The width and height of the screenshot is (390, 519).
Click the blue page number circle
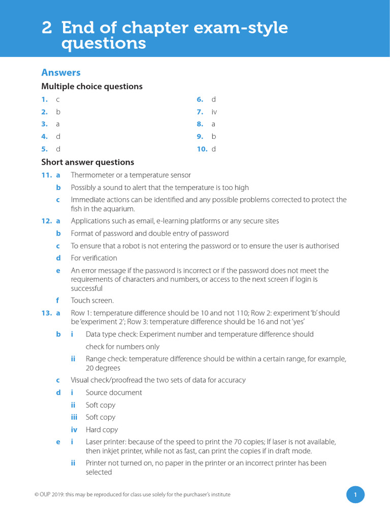point(355,495)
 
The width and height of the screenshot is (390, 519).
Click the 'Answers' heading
point(61,72)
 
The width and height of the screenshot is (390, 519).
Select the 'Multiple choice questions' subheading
point(92,87)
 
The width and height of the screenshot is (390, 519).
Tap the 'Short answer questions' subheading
point(87,162)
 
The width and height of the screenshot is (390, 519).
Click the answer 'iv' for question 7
point(214,112)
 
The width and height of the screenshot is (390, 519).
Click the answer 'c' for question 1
point(58,100)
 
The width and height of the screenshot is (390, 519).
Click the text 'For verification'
point(94,258)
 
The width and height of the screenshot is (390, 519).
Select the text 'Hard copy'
point(102,430)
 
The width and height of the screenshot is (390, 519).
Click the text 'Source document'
point(114,393)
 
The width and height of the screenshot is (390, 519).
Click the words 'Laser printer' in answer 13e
point(105,442)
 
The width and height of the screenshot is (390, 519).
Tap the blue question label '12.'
point(47,221)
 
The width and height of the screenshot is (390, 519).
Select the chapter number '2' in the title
point(47,28)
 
